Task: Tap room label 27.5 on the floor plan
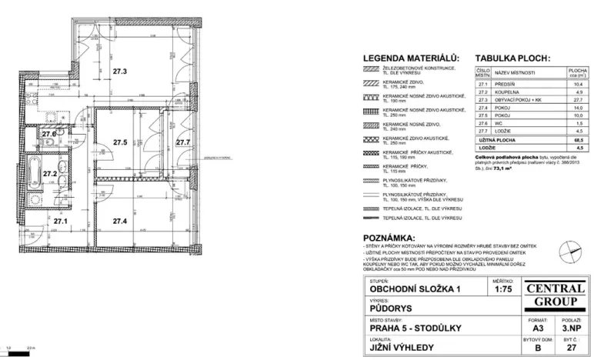pyautogui.click(x=119, y=142)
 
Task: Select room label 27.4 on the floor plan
pyautogui.click(x=119, y=222)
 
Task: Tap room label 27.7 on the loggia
pyautogui.click(x=182, y=142)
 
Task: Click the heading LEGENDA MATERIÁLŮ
pyautogui.click(x=410, y=58)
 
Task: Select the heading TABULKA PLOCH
pyautogui.click(x=512, y=58)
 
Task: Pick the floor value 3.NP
pyautogui.click(x=570, y=328)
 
